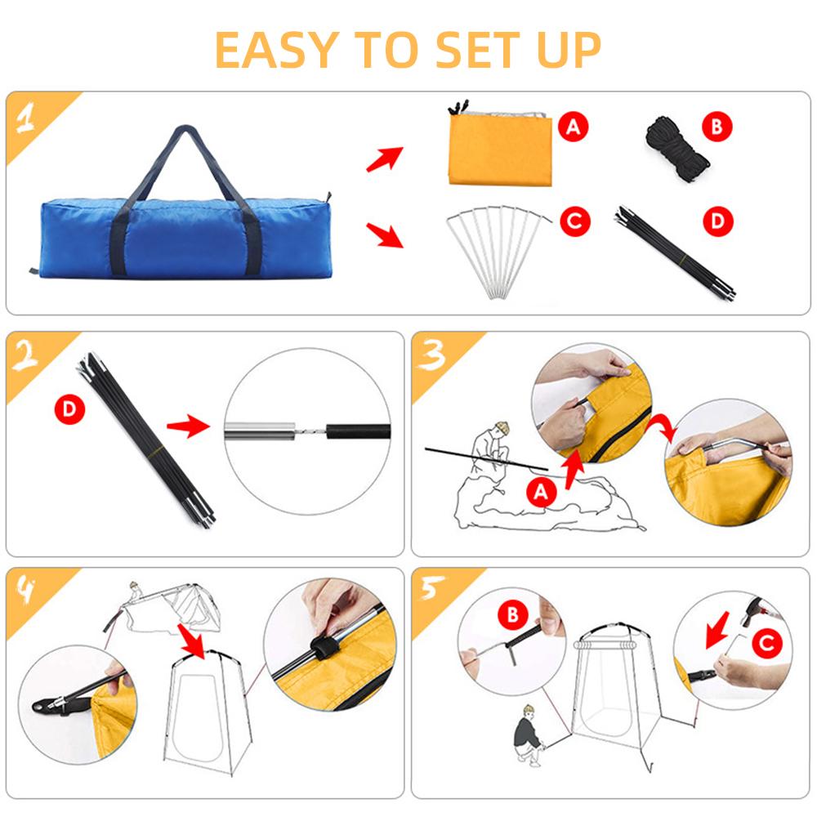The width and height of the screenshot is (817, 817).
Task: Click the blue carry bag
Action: click(x=184, y=237)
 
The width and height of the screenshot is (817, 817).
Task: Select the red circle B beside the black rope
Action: click(x=717, y=127)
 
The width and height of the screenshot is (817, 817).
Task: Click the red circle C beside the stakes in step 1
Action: click(x=574, y=221)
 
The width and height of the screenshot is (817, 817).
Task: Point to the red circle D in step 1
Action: click(x=718, y=221)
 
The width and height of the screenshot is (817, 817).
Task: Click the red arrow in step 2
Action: click(x=187, y=426)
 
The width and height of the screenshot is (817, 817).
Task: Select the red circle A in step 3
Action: click(x=540, y=490)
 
